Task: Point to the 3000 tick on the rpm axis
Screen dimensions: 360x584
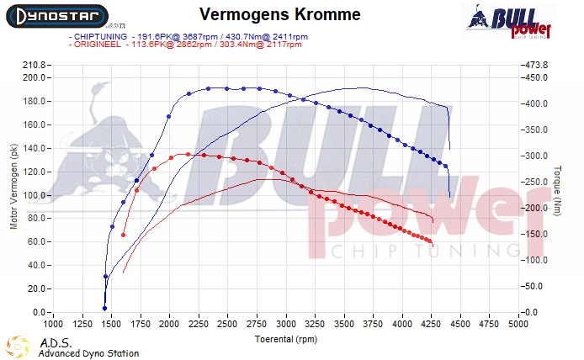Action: click(x=286, y=323)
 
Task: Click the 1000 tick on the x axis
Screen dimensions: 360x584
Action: click(x=53, y=323)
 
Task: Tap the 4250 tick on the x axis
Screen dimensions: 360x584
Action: click(x=432, y=323)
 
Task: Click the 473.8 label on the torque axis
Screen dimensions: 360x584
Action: click(x=536, y=65)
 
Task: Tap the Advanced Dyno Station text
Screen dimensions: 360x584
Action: click(x=88, y=353)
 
